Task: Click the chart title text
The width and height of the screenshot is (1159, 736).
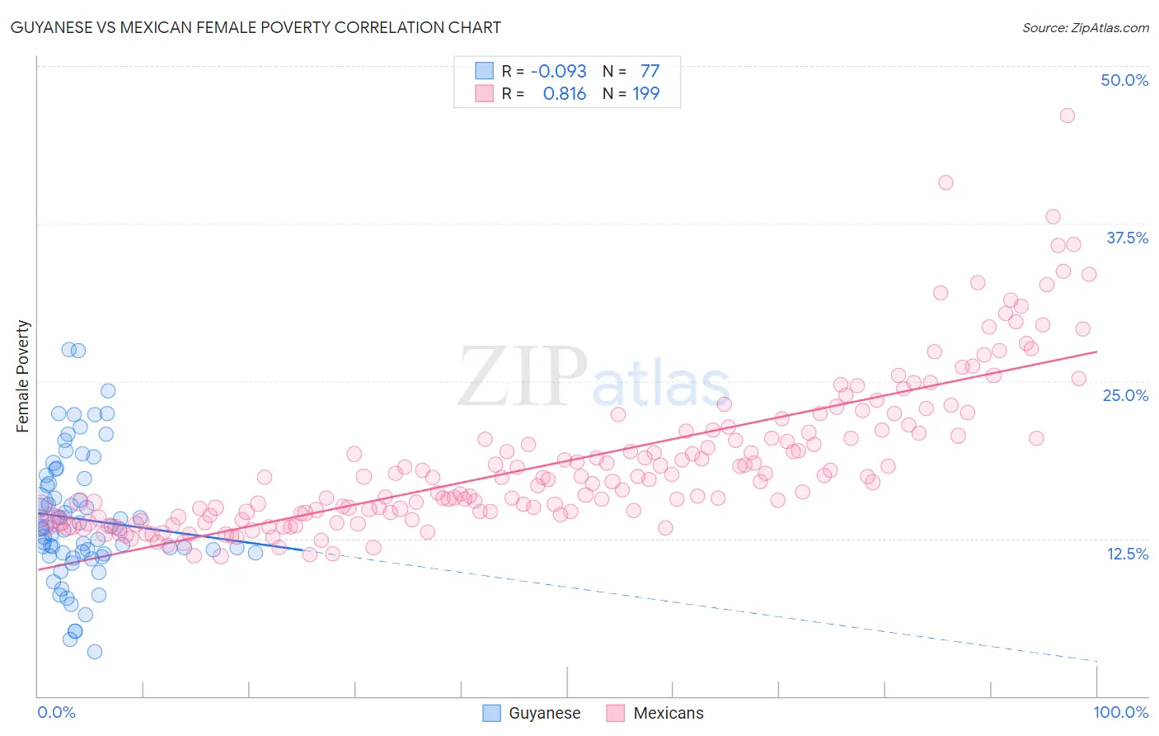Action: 256,27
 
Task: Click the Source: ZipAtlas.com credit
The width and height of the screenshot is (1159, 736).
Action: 1085,27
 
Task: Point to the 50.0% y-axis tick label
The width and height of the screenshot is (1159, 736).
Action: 1124,80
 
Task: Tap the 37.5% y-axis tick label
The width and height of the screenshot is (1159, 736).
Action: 1127,238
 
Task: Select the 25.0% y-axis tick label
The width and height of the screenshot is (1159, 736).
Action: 1125,395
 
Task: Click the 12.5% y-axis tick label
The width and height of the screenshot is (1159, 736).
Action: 1127,554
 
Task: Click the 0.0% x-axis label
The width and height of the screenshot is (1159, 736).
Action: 56,712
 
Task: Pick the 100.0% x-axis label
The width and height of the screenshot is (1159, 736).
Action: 1120,712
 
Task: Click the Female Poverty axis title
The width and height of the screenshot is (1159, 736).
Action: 23,376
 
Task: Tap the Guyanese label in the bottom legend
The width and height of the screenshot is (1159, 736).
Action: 544,713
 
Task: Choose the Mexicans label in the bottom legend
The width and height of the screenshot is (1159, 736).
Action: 669,713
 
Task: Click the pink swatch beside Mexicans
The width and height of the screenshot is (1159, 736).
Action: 615,713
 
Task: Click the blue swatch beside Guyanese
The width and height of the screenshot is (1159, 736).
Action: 491,713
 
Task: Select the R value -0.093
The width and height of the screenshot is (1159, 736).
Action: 558,71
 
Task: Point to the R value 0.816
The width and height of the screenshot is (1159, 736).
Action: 564,93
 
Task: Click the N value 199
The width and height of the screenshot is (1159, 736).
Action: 645,93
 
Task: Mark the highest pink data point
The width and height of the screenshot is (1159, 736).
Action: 1067,116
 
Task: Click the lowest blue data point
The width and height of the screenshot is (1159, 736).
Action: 95,652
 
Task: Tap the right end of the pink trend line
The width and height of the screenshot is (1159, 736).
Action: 1096,351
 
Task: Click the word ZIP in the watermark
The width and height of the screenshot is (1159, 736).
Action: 522,377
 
